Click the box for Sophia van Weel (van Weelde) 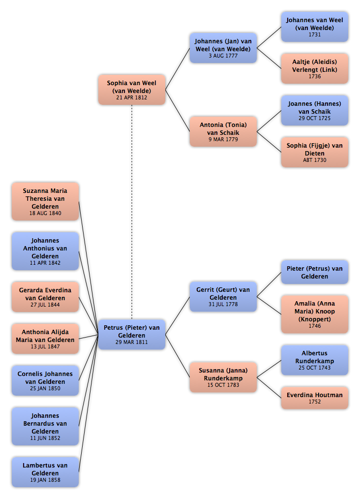pyautogui.click(x=132, y=90)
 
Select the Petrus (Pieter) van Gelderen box pyautogui.click(x=132, y=335)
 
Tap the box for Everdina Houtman pyautogui.click(x=315, y=398)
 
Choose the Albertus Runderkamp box pyautogui.click(x=315, y=360)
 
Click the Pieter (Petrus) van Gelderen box pyautogui.click(x=315, y=272)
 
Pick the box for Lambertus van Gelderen pyautogui.click(x=45, y=472)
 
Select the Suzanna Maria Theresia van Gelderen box pyautogui.click(x=45, y=201)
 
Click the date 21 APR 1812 pyautogui.click(x=132, y=98)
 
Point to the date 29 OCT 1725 pyautogui.click(x=315, y=119)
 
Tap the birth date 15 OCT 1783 pyautogui.click(x=223, y=385)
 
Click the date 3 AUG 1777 pyautogui.click(x=223, y=56)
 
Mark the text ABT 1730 pyautogui.click(x=315, y=160)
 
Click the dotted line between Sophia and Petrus pyautogui.click(x=132, y=212)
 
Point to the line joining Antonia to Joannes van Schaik pyautogui.click(x=269, y=121)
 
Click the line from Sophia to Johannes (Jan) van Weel pyautogui.click(x=178, y=69)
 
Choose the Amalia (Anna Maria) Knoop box pyautogui.click(x=315, y=314)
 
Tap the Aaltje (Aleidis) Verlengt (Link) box pyautogui.click(x=315, y=68)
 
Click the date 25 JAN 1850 pyautogui.click(x=45, y=389)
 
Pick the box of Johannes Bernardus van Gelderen pyautogui.click(x=45, y=426)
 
